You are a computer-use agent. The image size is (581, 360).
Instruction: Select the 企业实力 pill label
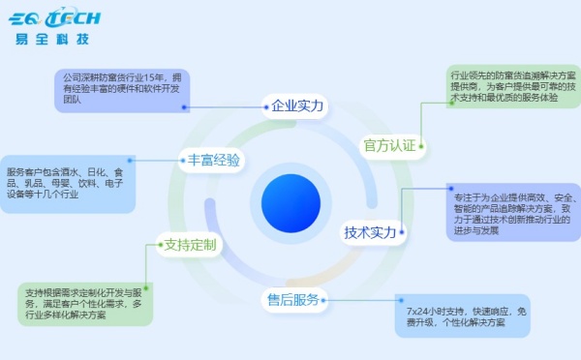295,105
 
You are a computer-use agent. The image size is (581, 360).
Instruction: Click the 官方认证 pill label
388,146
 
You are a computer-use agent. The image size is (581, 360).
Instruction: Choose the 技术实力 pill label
370,232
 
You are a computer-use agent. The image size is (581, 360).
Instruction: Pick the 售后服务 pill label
293,299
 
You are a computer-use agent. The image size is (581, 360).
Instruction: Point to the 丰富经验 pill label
213,160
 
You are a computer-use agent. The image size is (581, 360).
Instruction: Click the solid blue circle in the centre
290,203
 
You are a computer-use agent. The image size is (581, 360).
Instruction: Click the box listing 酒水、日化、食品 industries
68,183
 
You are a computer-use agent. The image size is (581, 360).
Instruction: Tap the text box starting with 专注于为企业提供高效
513,211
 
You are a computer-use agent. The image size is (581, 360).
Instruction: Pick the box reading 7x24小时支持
463,316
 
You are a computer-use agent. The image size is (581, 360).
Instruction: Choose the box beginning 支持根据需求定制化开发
85,304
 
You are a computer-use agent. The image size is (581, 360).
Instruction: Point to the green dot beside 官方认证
421,146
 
